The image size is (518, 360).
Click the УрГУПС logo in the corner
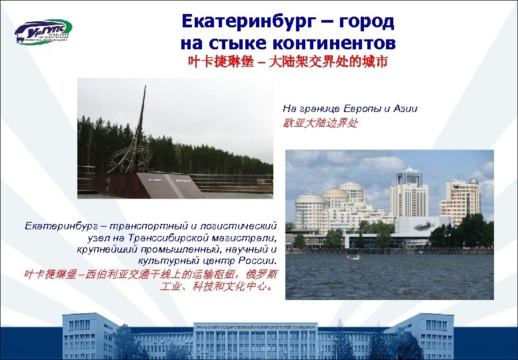click(x=43, y=32)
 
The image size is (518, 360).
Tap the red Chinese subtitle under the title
click(x=287, y=64)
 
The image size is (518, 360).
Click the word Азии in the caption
click(x=405, y=108)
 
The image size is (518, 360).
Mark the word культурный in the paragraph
click(x=164, y=261)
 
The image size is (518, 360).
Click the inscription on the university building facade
click(x=254, y=327)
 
